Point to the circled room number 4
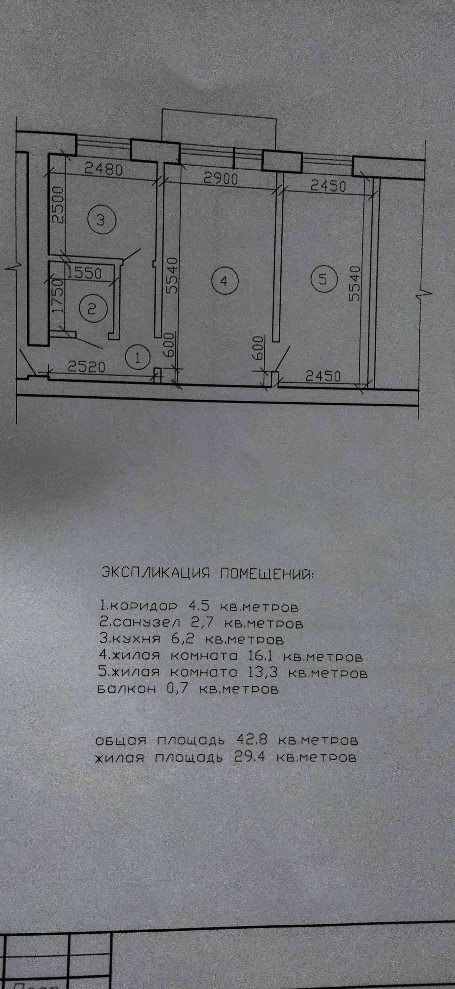point(225,281)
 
